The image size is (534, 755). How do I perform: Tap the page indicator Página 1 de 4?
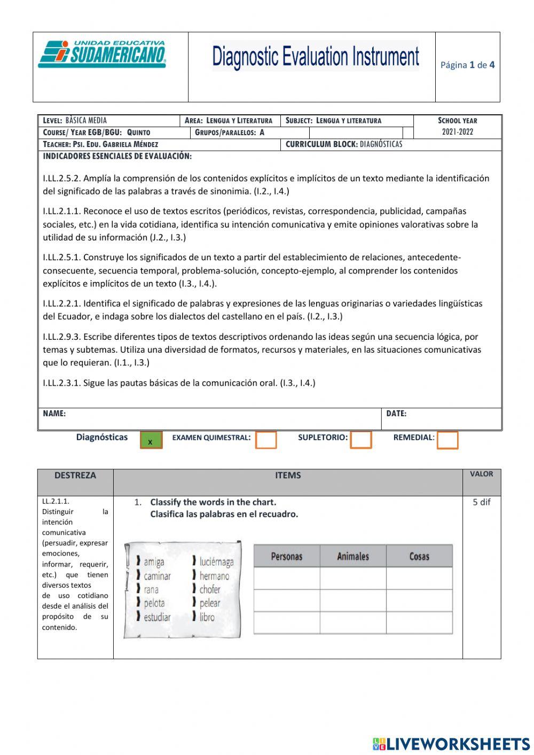pos(467,65)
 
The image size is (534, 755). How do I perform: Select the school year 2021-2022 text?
pos(457,132)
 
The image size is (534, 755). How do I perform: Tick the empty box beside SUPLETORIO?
pos(361,440)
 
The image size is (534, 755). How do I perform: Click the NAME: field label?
pos(54,414)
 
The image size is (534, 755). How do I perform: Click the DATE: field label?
pos(396,414)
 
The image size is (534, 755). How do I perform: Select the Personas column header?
pos(287,556)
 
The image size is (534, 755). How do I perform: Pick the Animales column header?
pos(353,556)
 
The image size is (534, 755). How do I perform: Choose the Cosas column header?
pos(419,556)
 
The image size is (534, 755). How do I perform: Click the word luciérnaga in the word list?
pos(216,562)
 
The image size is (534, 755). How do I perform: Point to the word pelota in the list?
pos(154,603)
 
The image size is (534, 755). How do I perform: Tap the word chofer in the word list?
pos(210,589)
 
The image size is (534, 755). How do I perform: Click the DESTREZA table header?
pos(75,475)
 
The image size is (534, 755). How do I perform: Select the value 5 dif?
pos(481,502)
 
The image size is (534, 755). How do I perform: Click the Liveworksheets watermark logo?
pos(451,743)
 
